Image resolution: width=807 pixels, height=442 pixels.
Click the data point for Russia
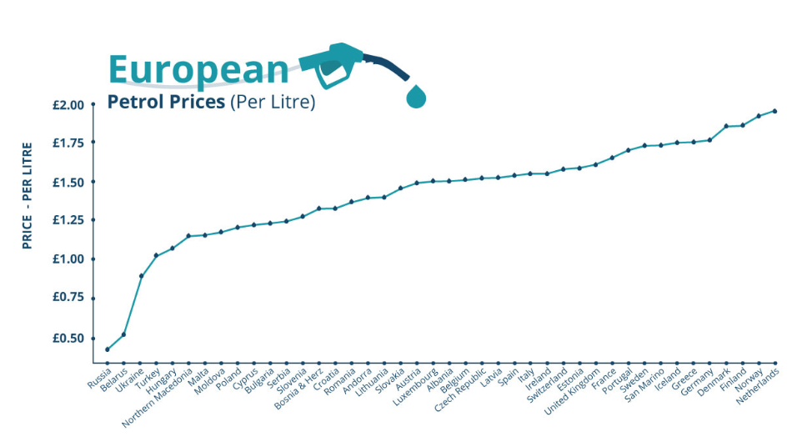(x=108, y=349)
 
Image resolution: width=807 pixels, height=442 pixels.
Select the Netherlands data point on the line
(x=775, y=111)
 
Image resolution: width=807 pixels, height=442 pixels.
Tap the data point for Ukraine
(x=141, y=275)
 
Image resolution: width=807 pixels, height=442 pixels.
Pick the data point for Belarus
(x=124, y=334)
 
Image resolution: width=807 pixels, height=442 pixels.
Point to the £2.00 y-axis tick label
(x=68, y=105)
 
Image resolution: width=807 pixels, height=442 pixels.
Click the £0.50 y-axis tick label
(x=68, y=338)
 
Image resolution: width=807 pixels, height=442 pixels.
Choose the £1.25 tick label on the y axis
(x=68, y=220)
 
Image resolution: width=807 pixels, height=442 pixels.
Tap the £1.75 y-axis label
(x=68, y=143)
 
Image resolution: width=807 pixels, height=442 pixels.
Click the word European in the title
(x=198, y=69)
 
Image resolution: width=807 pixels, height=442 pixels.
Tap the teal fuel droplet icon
(x=414, y=96)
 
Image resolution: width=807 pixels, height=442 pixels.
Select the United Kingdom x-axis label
(x=573, y=394)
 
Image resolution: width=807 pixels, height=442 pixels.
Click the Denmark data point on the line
(x=726, y=126)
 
